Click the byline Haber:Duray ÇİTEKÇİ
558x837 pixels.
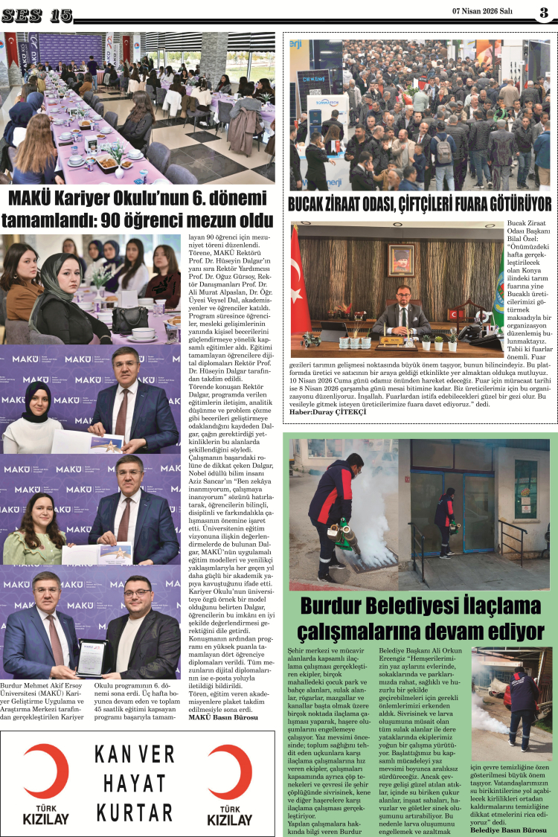click(x=328, y=411)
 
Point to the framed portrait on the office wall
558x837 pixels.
click(x=401, y=260)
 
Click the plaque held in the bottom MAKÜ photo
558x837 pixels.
click(x=91, y=655)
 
